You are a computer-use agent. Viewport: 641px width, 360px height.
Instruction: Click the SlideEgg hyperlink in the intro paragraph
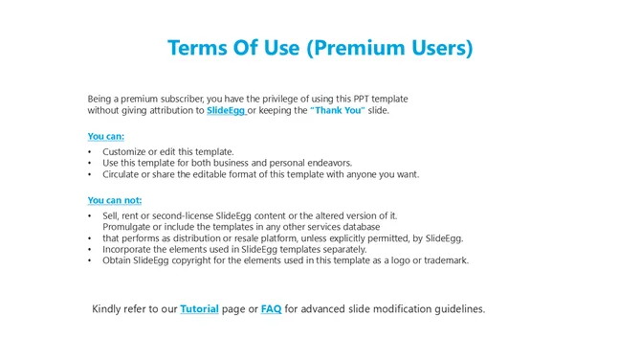coord(226,111)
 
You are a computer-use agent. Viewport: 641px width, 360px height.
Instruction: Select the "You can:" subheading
coord(105,136)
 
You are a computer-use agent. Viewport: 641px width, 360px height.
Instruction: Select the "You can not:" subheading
coord(114,200)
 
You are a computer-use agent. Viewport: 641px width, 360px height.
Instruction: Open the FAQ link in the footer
coord(271,309)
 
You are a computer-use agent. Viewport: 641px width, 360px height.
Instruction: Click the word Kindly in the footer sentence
coord(108,309)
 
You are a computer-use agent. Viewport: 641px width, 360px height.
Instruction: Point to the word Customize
coord(125,152)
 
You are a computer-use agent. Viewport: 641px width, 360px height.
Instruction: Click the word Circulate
coord(123,174)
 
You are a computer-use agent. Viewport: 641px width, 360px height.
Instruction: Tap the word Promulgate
coord(129,227)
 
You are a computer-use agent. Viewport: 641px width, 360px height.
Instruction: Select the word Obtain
coord(117,260)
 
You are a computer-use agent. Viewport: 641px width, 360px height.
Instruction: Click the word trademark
coord(443,260)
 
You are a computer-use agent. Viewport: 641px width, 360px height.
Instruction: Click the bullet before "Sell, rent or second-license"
coord(89,216)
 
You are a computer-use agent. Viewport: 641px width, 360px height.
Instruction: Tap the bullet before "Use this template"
coord(89,164)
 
